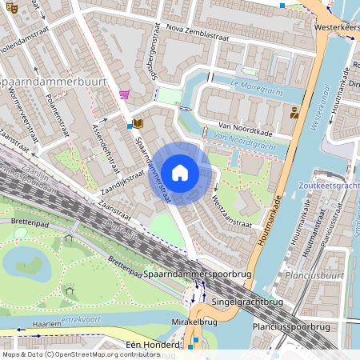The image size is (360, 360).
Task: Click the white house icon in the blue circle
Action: pyautogui.click(x=180, y=172)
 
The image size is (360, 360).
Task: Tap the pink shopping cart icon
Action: pyautogui.click(x=125, y=94)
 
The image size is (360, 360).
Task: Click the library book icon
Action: pyautogui.click(x=138, y=123)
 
